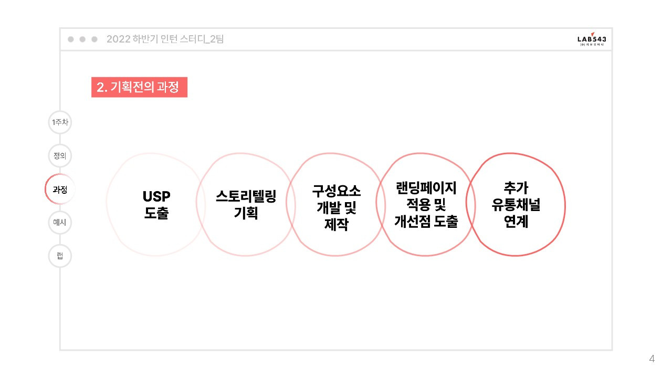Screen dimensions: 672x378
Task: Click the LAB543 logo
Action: [x=592, y=39]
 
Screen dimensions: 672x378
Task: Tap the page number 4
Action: [x=652, y=359]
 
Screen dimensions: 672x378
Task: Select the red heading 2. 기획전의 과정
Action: [x=139, y=87]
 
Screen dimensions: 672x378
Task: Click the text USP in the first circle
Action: [x=156, y=197]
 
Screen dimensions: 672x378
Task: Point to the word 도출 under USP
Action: [x=156, y=213]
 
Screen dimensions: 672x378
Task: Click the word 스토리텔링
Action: [x=246, y=196]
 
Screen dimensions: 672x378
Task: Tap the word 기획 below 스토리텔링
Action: [x=246, y=213]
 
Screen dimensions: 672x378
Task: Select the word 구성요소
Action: [x=337, y=191]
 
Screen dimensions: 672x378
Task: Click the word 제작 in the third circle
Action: [x=337, y=224]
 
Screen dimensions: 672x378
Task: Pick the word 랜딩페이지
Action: [x=426, y=188]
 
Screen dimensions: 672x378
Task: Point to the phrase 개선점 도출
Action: [x=426, y=222]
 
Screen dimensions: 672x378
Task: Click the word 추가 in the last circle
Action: [x=516, y=188]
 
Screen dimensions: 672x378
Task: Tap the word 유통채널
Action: [x=516, y=205]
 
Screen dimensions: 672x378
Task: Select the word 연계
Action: [x=516, y=222]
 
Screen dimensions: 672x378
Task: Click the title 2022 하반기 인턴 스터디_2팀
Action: [x=165, y=39]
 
